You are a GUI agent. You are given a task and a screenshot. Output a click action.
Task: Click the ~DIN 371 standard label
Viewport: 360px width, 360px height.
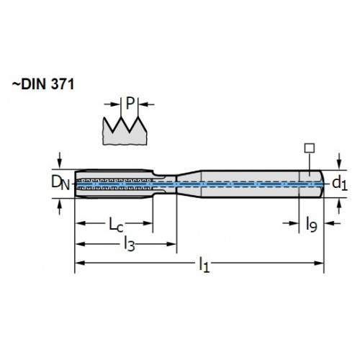pos(43,84)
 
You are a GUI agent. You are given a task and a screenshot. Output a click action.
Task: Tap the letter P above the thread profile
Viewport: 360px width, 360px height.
pos(130,103)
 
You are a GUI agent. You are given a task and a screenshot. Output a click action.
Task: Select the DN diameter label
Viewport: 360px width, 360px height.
pos(60,183)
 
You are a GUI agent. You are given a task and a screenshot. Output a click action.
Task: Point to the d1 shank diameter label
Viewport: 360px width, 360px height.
pos(340,184)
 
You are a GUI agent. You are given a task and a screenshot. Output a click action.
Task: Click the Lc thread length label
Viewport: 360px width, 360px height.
pos(116,225)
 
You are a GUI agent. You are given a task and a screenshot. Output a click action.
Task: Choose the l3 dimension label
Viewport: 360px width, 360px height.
pos(130,244)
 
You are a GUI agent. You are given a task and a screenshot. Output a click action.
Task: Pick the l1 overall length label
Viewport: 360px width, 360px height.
pos(204,264)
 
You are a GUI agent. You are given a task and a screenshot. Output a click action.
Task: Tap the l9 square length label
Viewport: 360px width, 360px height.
pos(311,224)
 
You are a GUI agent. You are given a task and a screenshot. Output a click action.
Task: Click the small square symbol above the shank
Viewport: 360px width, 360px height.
pos(310,148)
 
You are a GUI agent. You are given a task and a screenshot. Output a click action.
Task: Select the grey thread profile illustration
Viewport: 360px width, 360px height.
pos(125,131)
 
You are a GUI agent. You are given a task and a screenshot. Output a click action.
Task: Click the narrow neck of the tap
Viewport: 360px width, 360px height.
pos(165,184)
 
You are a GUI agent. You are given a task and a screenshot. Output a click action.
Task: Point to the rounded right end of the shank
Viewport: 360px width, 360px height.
pos(322,184)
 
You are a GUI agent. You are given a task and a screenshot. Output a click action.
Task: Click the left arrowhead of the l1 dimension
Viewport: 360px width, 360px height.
pos(80,263)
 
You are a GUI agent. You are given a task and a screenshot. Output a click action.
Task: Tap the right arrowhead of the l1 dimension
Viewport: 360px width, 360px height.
pos(319,263)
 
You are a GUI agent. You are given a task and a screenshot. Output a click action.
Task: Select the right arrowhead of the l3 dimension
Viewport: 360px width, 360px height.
pos(171,244)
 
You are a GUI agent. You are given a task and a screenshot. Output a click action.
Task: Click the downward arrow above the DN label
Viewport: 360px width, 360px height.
pos(60,161)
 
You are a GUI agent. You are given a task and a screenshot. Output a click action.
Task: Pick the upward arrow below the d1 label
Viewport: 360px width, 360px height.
pos(339,207)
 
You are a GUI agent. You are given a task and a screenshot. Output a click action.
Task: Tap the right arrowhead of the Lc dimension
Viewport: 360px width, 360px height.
pos(148,223)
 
